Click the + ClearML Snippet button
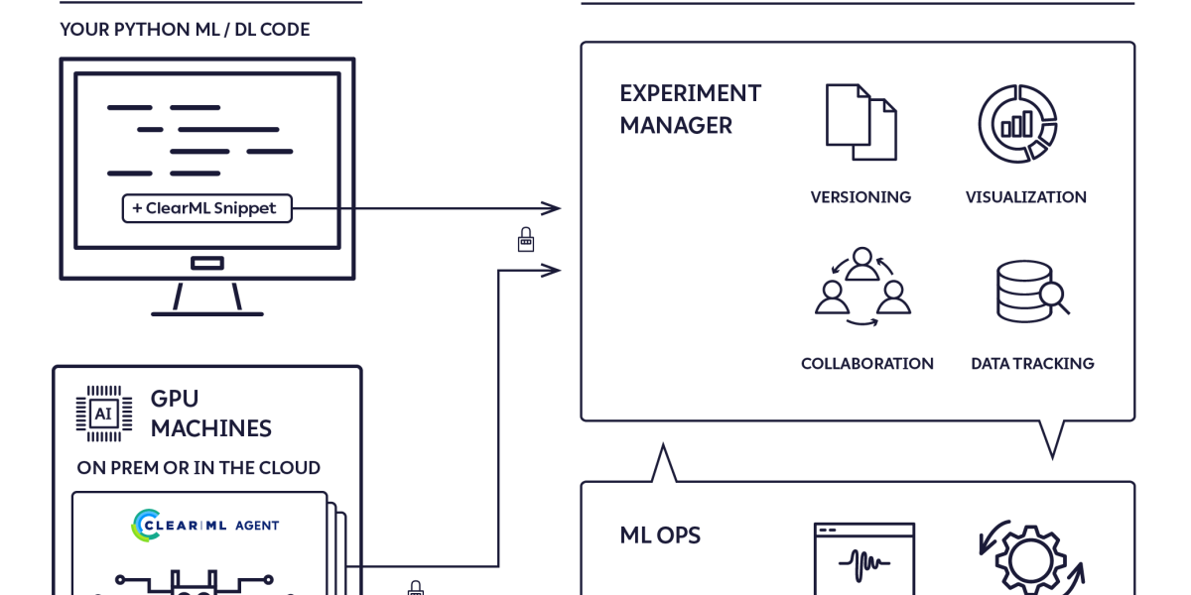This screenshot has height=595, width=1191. (x=206, y=208)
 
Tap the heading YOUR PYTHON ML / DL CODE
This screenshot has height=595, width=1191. (x=185, y=30)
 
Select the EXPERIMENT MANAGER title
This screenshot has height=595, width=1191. (x=690, y=109)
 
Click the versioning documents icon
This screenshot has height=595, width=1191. (x=860, y=122)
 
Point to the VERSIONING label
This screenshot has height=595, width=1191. (x=860, y=197)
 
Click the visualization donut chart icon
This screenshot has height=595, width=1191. (x=1017, y=123)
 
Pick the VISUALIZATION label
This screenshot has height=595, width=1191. (x=1025, y=197)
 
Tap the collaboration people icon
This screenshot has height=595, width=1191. (x=862, y=287)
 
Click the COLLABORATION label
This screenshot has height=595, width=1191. (x=866, y=364)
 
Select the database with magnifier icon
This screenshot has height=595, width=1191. (x=1031, y=291)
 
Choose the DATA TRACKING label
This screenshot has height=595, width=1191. (x=1032, y=364)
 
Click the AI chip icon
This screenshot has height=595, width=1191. (x=103, y=414)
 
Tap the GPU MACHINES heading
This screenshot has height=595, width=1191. (x=210, y=414)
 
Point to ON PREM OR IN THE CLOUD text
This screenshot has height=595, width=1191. (x=198, y=468)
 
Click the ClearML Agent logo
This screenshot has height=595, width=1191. (x=205, y=525)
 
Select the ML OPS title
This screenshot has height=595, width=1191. (x=660, y=535)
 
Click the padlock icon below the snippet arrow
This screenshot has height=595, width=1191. (x=526, y=239)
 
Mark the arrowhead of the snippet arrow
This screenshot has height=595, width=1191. (x=552, y=208)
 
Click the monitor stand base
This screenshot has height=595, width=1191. (x=207, y=312)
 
